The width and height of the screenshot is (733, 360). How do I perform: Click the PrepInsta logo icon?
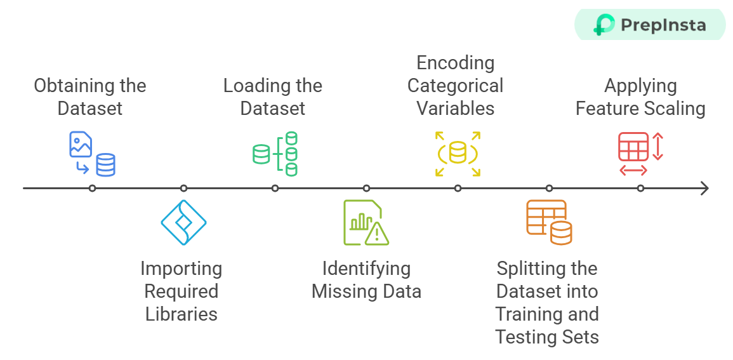pos(604,25)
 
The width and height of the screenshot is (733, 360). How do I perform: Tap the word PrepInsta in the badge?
pos(663,25)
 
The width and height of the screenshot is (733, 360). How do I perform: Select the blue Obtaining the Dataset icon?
pos(92,154)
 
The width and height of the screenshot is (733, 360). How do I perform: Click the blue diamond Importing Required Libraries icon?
pos(183,222)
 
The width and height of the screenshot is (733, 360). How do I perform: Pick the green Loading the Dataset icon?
pos(275,154)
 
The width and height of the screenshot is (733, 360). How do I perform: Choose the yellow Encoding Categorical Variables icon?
pos(458,154)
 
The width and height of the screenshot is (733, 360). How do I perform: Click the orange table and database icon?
pos(549,222)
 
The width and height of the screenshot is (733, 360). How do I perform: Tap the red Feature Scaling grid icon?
pos(640,154)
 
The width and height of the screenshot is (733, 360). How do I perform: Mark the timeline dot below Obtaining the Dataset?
pos(92,188)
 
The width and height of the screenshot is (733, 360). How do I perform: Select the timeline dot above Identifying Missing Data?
pos(366,188)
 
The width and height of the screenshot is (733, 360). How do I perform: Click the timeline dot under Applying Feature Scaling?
pos(640,188)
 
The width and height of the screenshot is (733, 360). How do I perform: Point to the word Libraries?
pos(182,314)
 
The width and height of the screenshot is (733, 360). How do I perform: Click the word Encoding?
pos(455,63)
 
